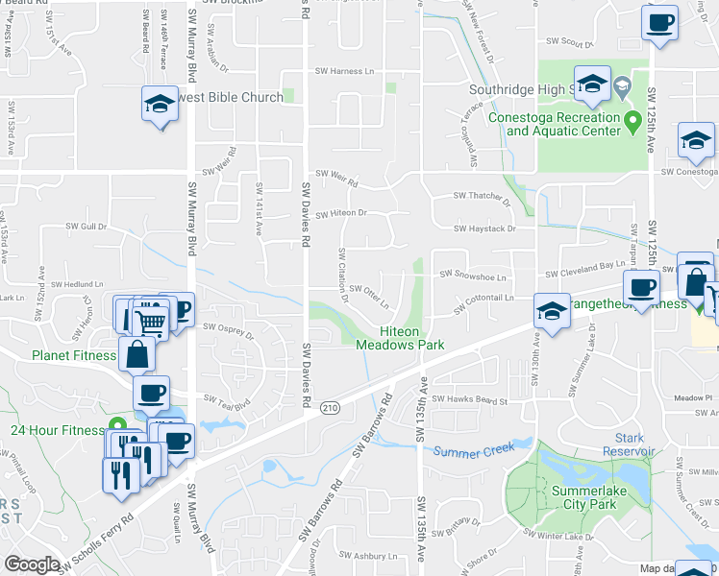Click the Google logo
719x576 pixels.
32,564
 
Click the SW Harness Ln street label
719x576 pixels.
345,71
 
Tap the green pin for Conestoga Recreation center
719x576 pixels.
632,122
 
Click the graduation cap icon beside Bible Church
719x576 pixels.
160,102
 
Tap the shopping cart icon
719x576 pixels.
149,319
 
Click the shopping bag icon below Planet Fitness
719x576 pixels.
136,353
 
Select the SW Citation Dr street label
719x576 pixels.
341,276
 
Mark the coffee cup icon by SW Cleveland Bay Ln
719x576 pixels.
640,286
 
